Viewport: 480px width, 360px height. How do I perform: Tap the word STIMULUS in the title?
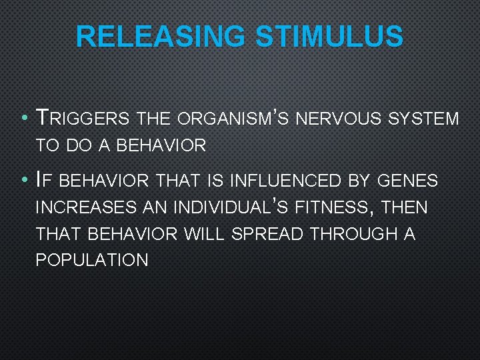point(329,37)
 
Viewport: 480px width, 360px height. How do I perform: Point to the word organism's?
point(223,119)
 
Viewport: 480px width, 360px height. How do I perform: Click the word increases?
point(85,207)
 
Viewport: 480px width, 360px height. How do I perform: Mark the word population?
point(92,261)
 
